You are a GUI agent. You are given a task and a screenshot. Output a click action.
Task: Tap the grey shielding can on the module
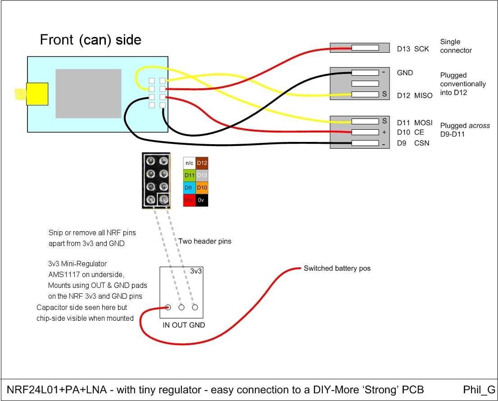pyautogui.click(x=88, y=93)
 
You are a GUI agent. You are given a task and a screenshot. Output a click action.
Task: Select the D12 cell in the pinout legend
pyautogui.click(x=202, y=163)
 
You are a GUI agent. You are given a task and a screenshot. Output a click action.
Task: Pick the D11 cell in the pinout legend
pyautogui.click(x=190, y=175)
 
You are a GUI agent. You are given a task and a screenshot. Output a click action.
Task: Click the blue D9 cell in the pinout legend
pyautogui.click(x=190, y=188)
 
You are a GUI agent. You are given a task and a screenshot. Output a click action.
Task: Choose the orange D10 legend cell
pyautogui.click(x=202, y=188)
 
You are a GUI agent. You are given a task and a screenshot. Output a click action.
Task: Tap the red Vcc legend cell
pyautogui.click(x=190, y=200)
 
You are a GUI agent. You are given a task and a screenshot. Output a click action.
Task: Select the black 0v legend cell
pyautogui.click(x=202, y=200)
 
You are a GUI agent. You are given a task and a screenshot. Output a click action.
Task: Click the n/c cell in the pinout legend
pyautogui.click(x=190, y=163)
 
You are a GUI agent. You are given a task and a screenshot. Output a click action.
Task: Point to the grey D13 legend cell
pyautogui.click(x=202, y=175)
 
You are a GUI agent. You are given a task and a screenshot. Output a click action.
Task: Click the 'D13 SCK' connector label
pyautogui.click(x=410, y=49)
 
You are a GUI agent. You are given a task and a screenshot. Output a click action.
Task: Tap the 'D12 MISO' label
pyautogui.click(x=415, y=96)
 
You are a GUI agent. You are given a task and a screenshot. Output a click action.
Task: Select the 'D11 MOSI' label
pyautogui.click(x=415, y=123)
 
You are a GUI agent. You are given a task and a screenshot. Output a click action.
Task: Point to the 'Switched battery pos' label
pyautogui.click(x=337, y=268)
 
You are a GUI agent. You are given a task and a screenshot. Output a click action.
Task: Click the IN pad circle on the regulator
pyautogui.click(x=168, y=308)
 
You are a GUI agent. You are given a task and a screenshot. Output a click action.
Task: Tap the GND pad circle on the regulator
pyautogui.click(x=195, y=308)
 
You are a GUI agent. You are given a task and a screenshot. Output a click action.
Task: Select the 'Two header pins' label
pyautogui.click(x=205, y=241)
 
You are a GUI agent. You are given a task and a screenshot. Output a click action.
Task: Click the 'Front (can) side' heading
pyautogui.click(x=91, y=40)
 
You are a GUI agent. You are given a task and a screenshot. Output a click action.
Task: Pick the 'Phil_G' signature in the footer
pyautogui.click(x=479, y=390)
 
